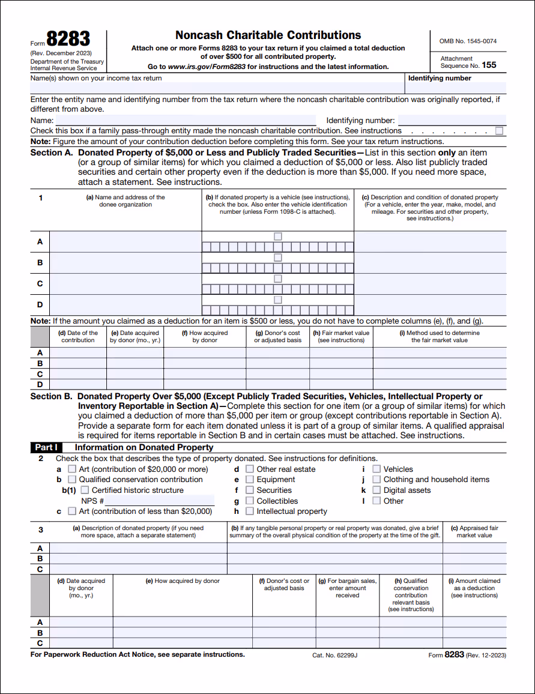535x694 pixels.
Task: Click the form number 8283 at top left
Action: pyautogui.click(x=68, y=40)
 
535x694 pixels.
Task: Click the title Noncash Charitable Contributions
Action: pyautogui.click(x=268, y=35)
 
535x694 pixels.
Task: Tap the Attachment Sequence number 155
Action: pyautogui.click(x=489, y=65)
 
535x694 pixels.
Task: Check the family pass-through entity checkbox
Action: pyautogui.click(x=500, y=131)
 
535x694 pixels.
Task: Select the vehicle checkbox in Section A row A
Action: pyautogui.click(x=277, y=237)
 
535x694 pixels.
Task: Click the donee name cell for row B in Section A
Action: pyautogui.click(x=125, y=262)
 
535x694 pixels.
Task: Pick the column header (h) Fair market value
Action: pyautogui.click(x=341, y=336)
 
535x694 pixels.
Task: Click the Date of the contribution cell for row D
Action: pyautogui.click(x=77, y=384)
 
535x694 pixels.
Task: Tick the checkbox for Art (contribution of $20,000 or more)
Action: pyautogui.click(x=72, y=469)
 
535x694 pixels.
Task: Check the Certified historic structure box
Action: pyautogui.click(x=85, y=490)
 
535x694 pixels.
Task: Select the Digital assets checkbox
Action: pyautogui.click(x=376, y=490)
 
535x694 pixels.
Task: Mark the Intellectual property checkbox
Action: pyautogui.click(x=249, y=511)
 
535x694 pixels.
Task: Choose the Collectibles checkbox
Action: pyautogui.click(x=249, y=501)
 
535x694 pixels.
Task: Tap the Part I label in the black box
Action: pyautogui.click(x=46, y=447)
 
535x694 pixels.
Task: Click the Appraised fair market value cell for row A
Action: pyautogui.click(x=474, y=548)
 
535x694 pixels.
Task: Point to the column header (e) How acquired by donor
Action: pyautogui.click(x=183, y=581)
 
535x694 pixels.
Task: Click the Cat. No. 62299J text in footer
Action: pyautogui.click(x=334, y=656)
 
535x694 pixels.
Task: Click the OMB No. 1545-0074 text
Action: pyautogui.click(x=468, y=41)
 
